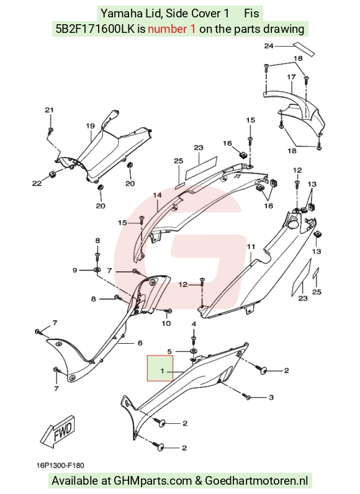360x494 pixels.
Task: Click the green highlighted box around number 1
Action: tap(160, 368)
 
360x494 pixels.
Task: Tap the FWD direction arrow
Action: tap(58, 431)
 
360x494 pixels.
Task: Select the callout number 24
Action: tap(269, 46)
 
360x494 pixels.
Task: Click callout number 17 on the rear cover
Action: tap(291, 77)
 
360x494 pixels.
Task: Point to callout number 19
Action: tap(91, 126)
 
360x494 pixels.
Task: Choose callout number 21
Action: tap(49, 110)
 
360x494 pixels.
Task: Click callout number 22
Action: tap(37, 183)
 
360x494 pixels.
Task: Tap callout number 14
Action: tap(157, 195)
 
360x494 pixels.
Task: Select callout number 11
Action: tap(251, 246)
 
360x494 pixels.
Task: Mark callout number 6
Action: tap(140, 343)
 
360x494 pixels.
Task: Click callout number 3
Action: tap(271, 397)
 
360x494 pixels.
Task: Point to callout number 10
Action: tap(166, 323)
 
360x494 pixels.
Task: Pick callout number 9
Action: tap(74, 270)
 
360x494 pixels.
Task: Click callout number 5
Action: tap(169, 351)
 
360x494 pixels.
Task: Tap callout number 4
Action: tap(194, 324)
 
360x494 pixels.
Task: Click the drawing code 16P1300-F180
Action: tap(60, 465)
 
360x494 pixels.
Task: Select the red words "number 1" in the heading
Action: tap(172, 29)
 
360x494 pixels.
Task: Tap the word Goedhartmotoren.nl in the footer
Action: tap(256, 481)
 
